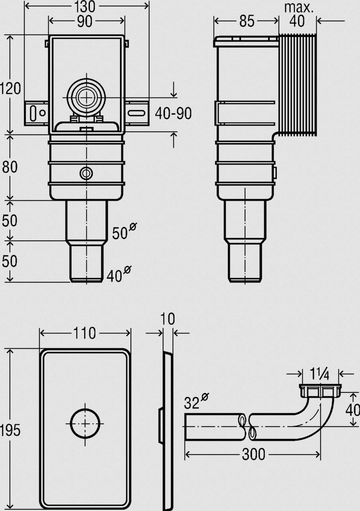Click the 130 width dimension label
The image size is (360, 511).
point(84,7)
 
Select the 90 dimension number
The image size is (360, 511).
point(85,21)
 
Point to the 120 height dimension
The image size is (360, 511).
point(10,88)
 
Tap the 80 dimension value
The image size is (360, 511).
point(10,167)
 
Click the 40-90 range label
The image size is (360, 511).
point(173,113)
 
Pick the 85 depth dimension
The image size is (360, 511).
point(247,21)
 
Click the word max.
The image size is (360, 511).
point(299,8)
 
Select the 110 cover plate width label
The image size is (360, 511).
point(84,333)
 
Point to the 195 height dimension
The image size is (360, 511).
point(10,430)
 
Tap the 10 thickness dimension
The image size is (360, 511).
point(167,319)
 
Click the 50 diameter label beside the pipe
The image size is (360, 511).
point(125,231)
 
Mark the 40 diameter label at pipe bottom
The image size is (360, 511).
point(119,274)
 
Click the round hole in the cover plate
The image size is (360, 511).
point(85,423)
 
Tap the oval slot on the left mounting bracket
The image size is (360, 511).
point(33,113)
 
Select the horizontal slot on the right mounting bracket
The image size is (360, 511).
point(136,113)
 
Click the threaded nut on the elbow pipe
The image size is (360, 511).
point(320,390)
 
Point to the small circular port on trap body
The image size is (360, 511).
point(86,174)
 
